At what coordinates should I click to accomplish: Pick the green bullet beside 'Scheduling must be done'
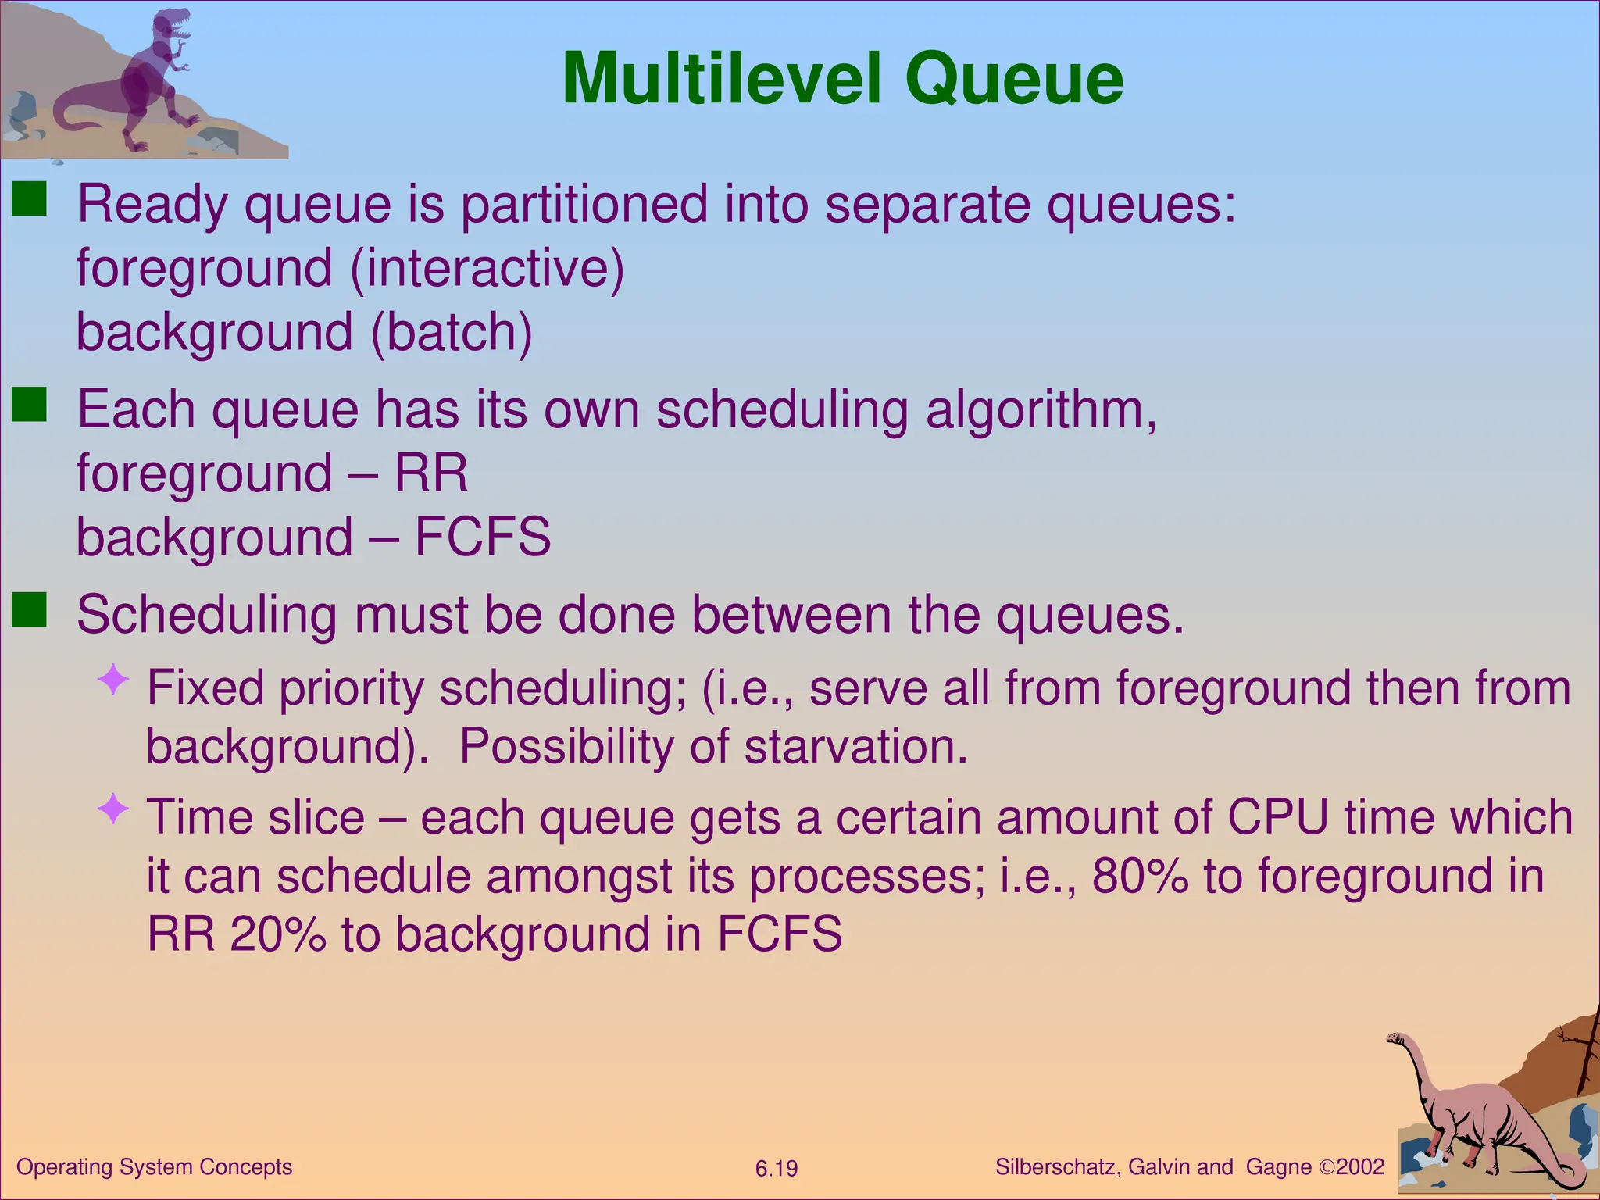30,610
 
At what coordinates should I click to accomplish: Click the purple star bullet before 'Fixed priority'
113,680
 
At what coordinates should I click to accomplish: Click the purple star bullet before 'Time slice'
113,809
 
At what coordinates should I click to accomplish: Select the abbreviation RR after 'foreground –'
430,473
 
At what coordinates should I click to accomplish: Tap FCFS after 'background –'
482,537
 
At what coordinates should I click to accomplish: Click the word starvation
855,746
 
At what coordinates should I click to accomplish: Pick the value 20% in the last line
277,934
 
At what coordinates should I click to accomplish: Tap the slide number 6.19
776,1169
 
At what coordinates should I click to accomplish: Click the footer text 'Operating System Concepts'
154,1167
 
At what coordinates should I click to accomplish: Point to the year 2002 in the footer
1360,1167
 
